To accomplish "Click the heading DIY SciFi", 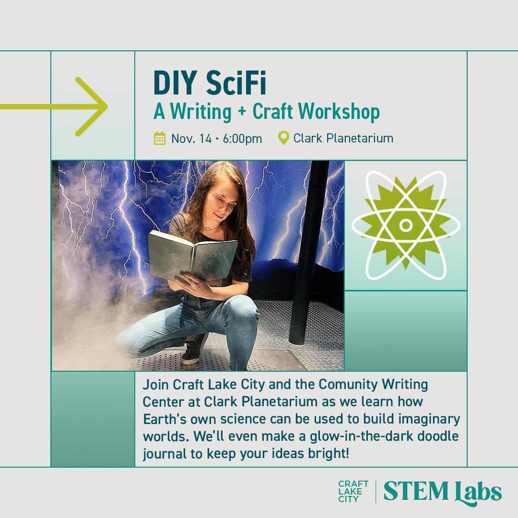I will pyautogui.click(x=210, y=83).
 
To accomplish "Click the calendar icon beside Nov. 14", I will pyautogui.click(x=159, y=139).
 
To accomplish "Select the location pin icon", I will pyautogui.click(x=284, y=139).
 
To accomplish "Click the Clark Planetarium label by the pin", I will pyautogui.click(x=343, y=139).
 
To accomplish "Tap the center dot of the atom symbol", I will pyautogui.click(x=405, y=224).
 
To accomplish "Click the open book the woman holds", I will pyautogui.click(x=192, y=254).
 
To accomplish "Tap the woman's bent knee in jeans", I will pyautogui.click(x=242, y=312).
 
